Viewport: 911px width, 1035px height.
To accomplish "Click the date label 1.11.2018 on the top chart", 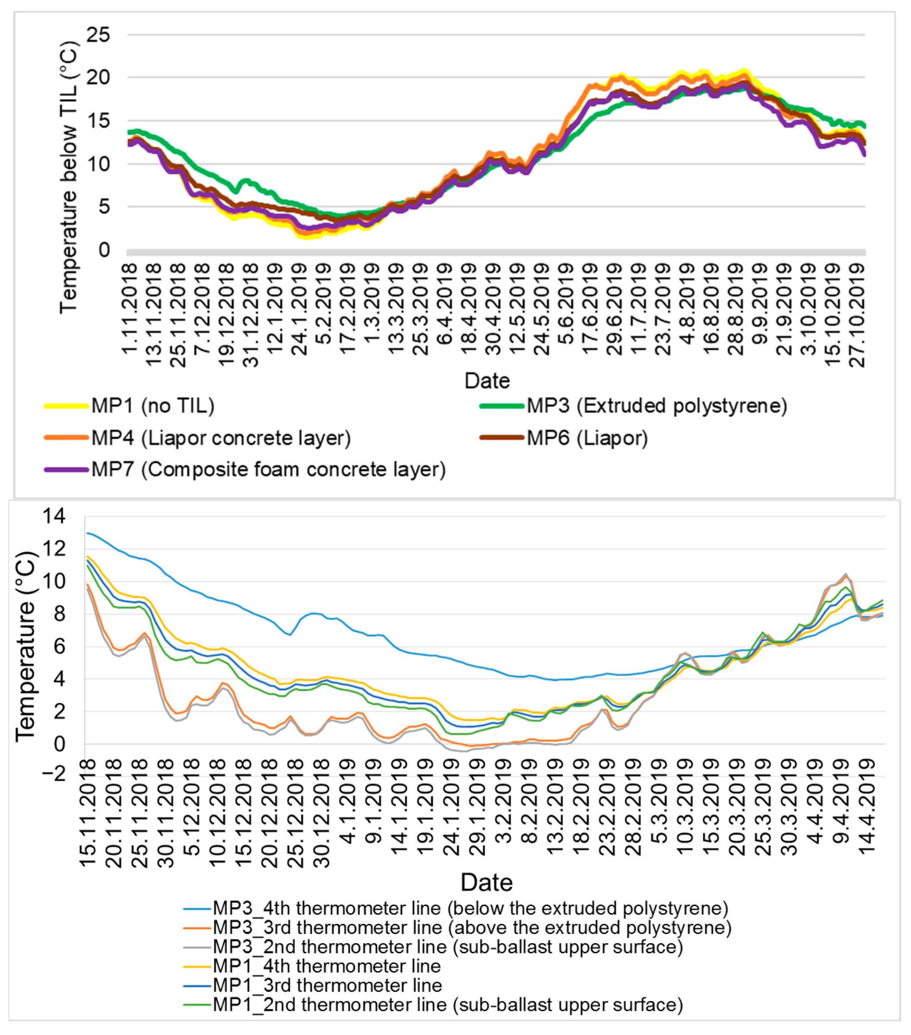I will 129,309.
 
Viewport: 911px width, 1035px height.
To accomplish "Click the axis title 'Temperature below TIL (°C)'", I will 68,177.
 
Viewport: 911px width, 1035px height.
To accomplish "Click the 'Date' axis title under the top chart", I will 487,381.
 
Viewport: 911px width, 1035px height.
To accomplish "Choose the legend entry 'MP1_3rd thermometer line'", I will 327,985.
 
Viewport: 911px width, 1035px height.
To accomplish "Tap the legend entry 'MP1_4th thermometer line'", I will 326,966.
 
